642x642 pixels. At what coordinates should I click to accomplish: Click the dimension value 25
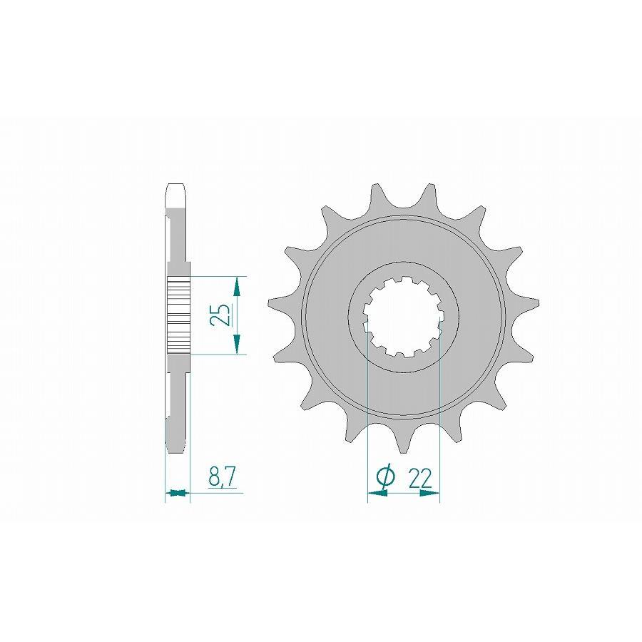coord(219,315)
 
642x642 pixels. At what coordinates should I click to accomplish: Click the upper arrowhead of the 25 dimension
coord(236,287)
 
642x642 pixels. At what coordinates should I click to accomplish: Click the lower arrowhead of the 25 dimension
coord(236,344)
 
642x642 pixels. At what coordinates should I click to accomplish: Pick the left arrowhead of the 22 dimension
coord(377,493)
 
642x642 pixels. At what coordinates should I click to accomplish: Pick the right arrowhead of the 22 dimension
coord(429,493)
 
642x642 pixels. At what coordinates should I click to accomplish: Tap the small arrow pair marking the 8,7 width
coord(178,492)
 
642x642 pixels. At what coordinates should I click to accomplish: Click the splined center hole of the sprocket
coord(403,317)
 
